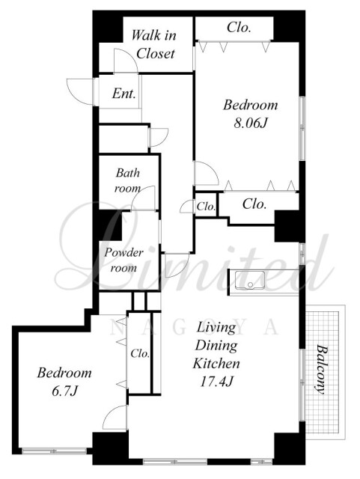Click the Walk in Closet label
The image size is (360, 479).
click(154, 45)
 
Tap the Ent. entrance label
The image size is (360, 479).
click(123, 93)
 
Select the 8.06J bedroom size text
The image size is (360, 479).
click(251, 123)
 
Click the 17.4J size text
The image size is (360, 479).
click(216, 381)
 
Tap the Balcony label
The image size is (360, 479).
click(320, 369)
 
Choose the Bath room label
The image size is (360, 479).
click(128, 181)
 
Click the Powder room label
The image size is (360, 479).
click(123, 260)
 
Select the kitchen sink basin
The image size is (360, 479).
click(250, 280)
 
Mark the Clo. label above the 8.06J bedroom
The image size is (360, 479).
click(239, 28)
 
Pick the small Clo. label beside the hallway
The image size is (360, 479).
click(206, 207)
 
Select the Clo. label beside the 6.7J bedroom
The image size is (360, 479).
click(140, 354)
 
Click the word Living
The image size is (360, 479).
click(216, 328)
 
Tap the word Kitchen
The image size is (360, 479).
click(216, 364)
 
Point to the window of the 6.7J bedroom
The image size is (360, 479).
click(55, 451)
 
